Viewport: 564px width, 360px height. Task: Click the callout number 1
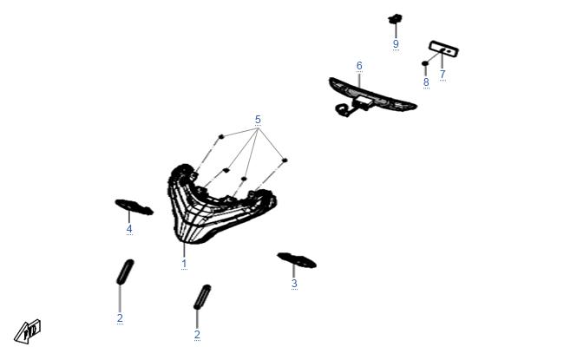pyautogui.click(x=184, y=264)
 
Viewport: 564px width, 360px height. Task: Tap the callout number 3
pyautogui.click(x=294, y=284)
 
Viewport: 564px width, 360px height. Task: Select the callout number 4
pyautogui.click(x=129, y=229)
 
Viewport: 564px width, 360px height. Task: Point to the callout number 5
pyautogui.click(x=258, y=120)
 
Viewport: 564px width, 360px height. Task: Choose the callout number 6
pyautogui.click(x=359, y=66)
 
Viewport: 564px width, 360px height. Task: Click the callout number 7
pyautogui.click(x=443, y=74)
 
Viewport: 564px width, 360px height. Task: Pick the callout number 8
pyautogui.click(x=426, y=82)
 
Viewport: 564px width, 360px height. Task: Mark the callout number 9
pyautogui.click(x=396, y=44)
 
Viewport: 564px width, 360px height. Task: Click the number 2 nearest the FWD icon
pyautogui.click(x=120, y=317)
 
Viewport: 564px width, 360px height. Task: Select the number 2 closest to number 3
pyautogui.click(x=197, y=335)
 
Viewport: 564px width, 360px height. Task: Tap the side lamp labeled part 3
pyautogui.click(x=297, y=260)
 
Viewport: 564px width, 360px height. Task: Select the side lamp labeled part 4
pyautogui.click(x=134, y=206)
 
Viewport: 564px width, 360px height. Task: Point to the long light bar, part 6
pyautogui.click(x=372, y=95)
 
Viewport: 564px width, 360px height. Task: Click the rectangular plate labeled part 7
pyautogui.click(x=444, y=49)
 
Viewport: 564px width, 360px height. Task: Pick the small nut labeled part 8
pyautogui.click(x=425, y=63)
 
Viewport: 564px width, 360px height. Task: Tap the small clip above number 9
pyautogui.click(x=395, y=18)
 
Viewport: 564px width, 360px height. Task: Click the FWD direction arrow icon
pyautogui.click(x=28, y=331)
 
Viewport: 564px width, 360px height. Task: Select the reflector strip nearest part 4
pyautogui.click(x=125, y=272)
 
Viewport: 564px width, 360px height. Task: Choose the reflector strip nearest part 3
pyautogui.click(x=202, y=297)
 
